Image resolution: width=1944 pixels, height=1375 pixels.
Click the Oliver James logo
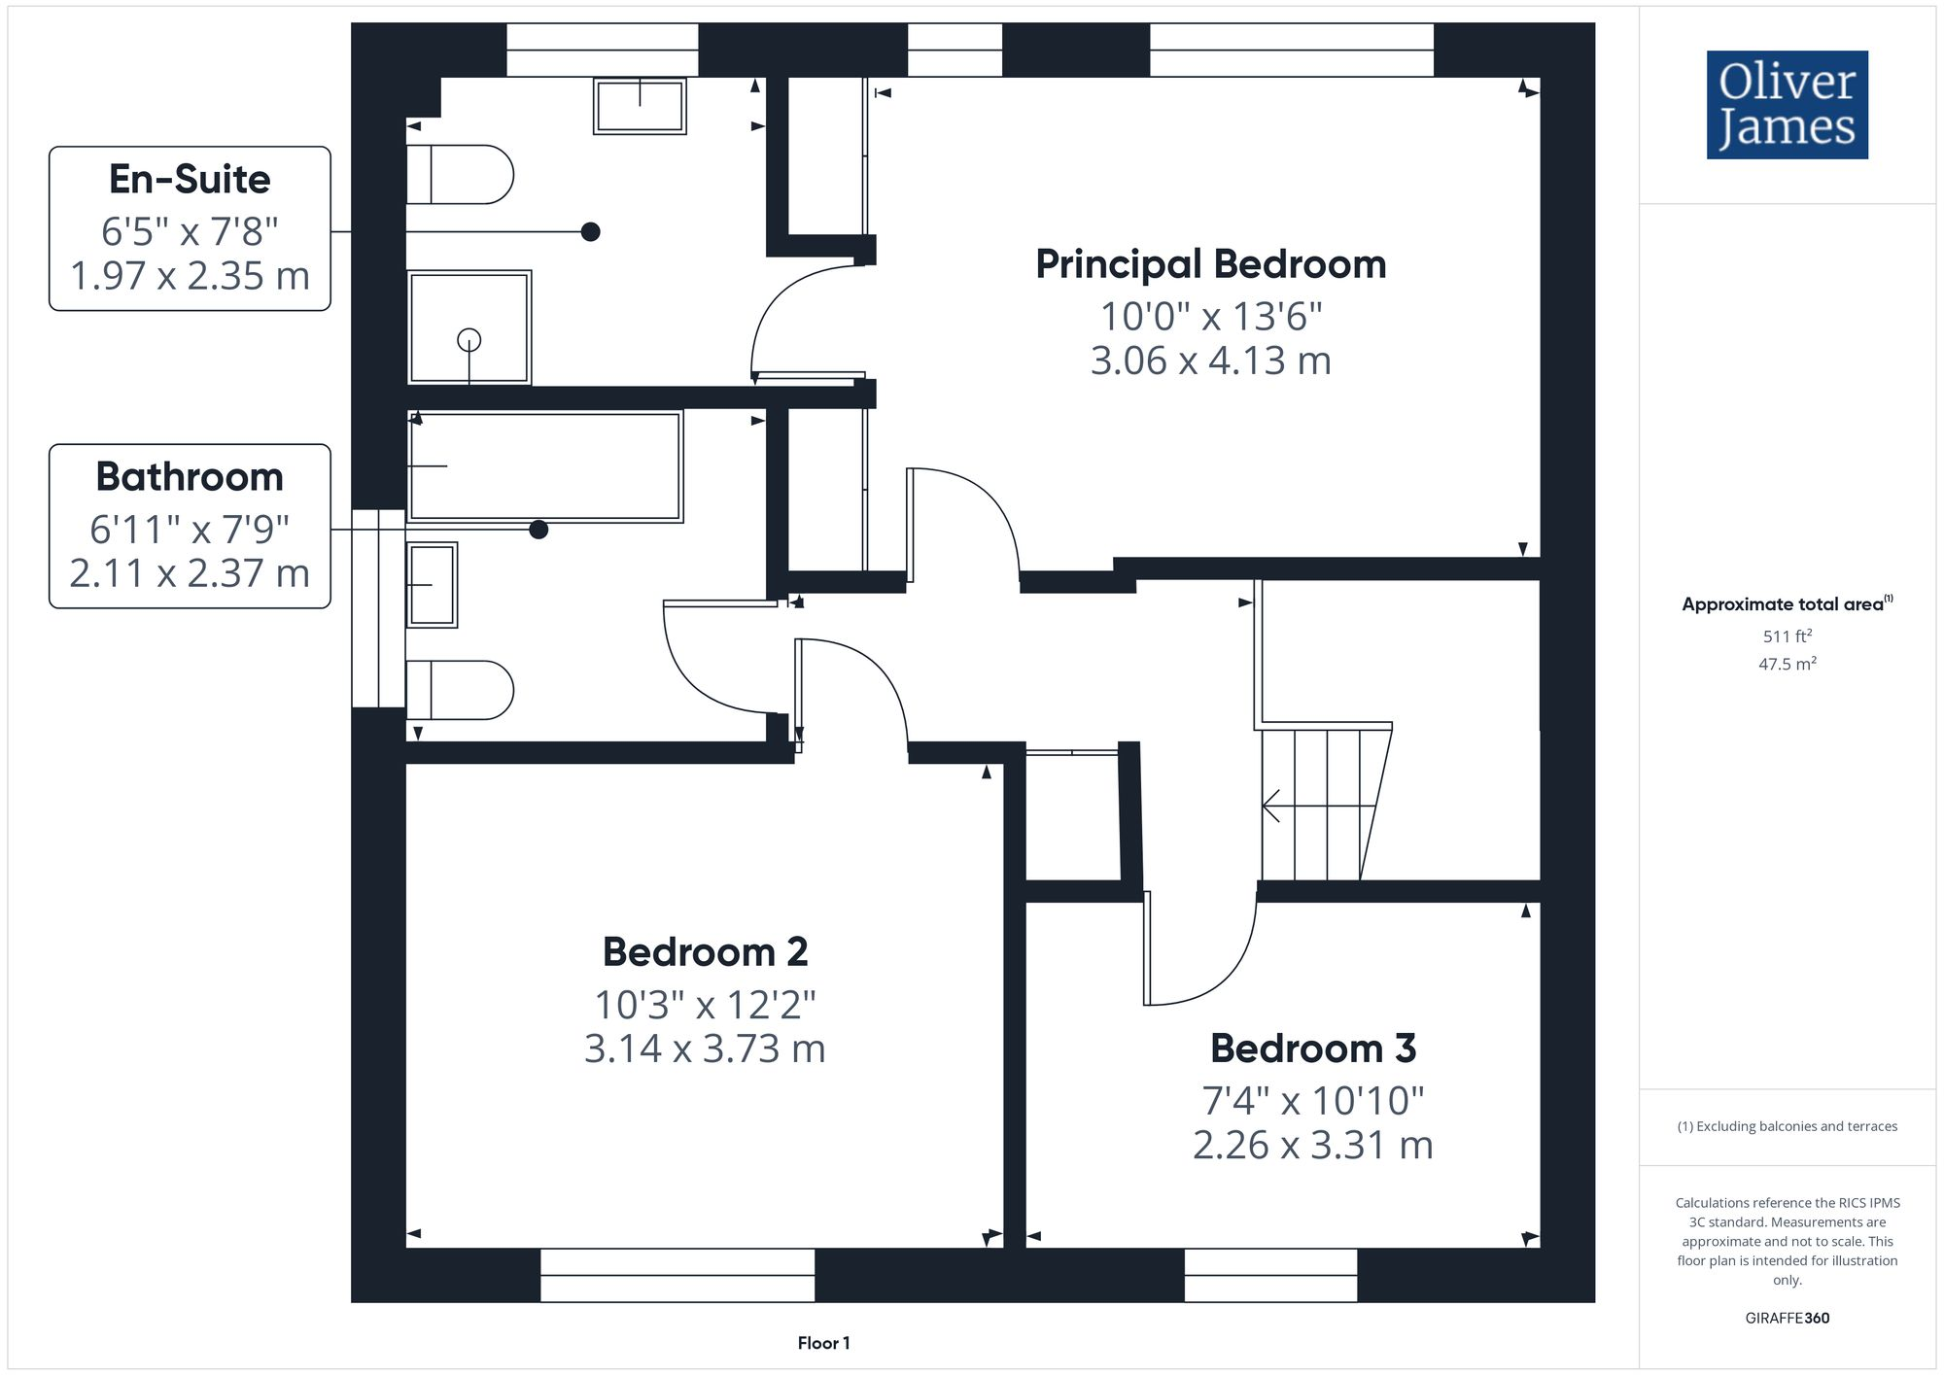coord(1787,105)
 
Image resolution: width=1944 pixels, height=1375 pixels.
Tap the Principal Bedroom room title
coord(1210,264)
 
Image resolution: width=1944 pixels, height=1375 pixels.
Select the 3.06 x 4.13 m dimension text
coord(1210,361)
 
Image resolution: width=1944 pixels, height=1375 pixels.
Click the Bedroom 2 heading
coord(705,951)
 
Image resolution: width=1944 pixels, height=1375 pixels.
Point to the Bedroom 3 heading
coord(1312,1048)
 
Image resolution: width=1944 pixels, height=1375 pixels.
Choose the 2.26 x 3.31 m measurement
coord(1312,1145)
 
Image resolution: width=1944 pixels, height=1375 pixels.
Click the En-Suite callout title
coord(190,179)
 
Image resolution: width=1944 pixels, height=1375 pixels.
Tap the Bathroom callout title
coord(190,476)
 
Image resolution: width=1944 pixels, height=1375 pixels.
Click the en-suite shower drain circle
coord(469,340)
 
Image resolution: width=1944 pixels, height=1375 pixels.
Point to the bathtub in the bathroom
coord(544,466)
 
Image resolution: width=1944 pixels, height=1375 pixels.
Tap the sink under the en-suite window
coord(640,106)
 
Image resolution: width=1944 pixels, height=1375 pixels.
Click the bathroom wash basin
coord(432,584)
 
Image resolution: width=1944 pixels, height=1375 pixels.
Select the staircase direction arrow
coord(1271,806)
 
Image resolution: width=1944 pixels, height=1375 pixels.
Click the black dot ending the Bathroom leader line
coord(538,530)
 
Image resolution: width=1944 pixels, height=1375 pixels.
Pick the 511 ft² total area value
coord(1787,636)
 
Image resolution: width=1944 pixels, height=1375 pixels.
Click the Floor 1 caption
coord(823,1343)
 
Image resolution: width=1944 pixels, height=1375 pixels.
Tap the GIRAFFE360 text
coord(1787,1319)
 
